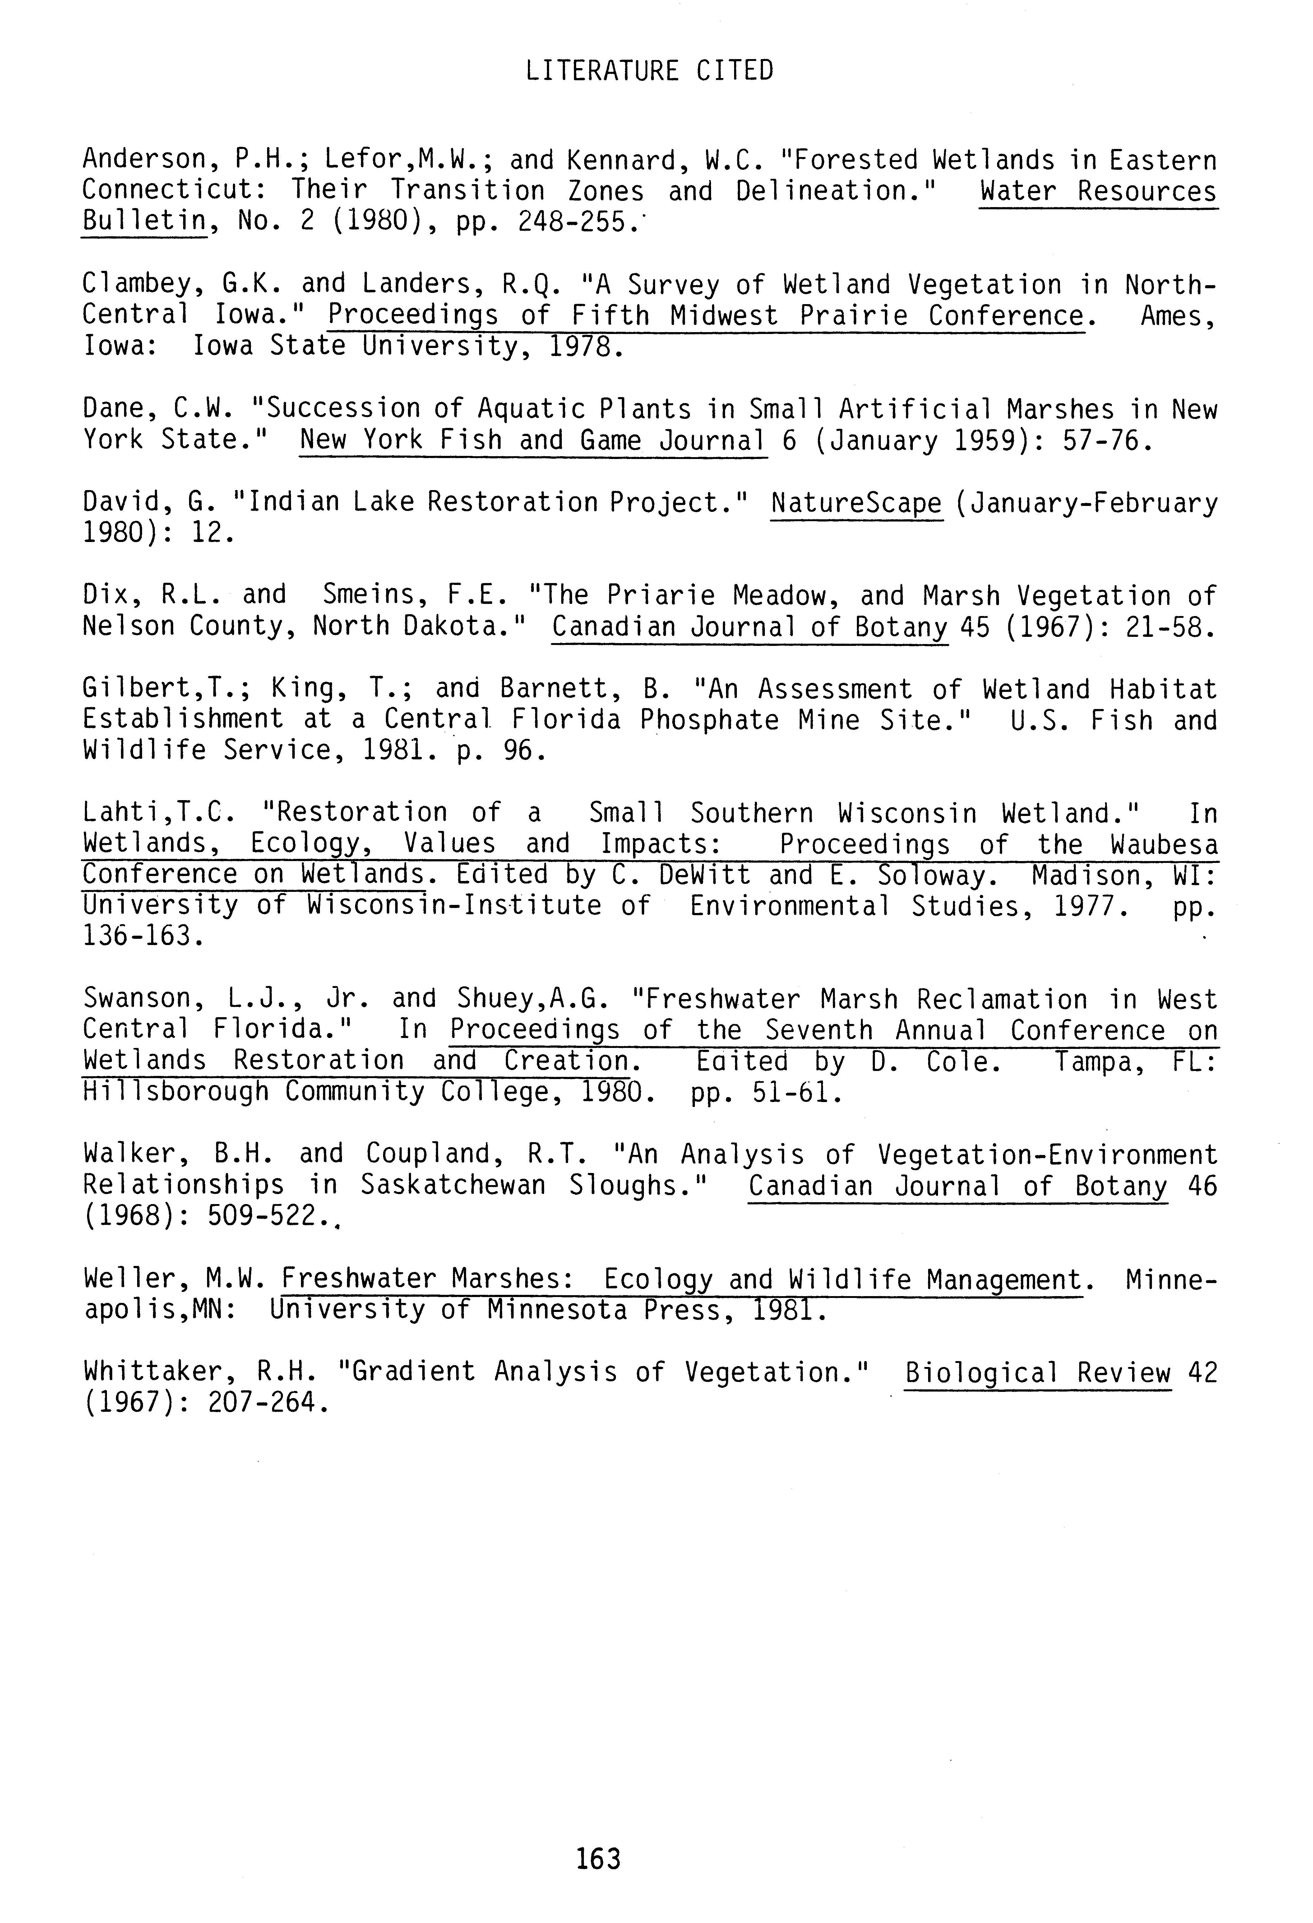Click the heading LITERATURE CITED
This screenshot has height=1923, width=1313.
(650, 71)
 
